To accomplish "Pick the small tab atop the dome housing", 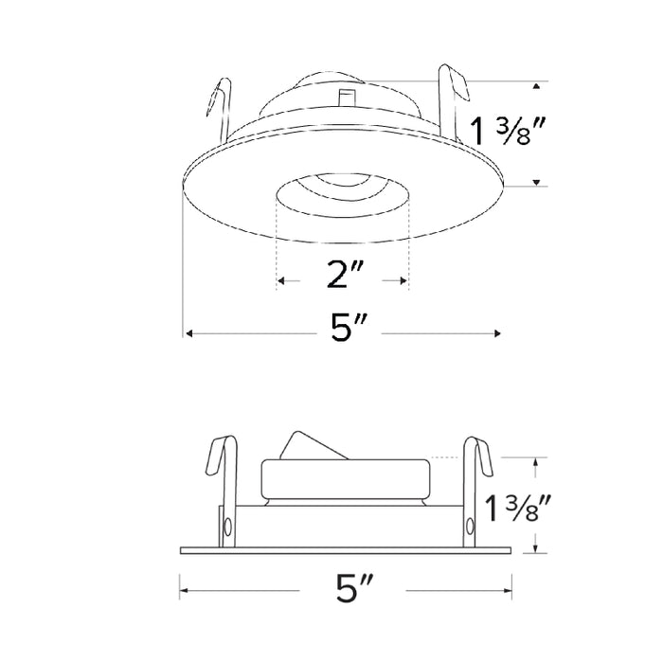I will click(346, 99).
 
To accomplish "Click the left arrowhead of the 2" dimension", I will click(280, 281).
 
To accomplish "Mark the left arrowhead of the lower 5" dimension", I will click(184, 591).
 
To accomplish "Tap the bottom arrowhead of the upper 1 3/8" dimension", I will click(537, 181).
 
